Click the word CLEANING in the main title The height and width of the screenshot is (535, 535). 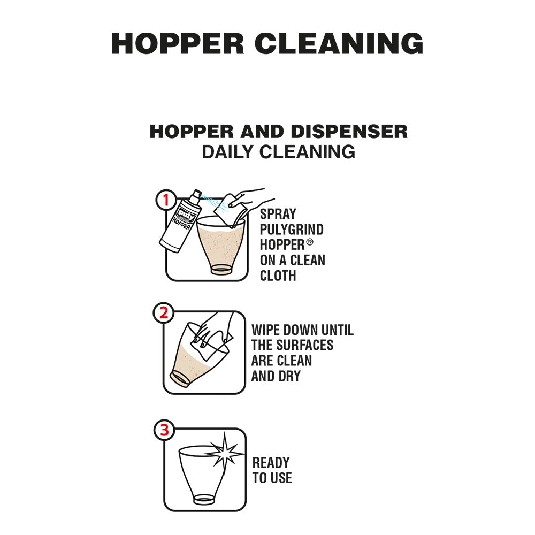tap(339, 43)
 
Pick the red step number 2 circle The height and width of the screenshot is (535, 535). tap(164, 314)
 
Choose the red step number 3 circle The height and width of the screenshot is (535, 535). tap(164, 430)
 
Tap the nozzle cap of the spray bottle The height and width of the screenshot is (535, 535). tap(196, 194)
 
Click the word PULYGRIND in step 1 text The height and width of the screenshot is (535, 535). tap(292, 230)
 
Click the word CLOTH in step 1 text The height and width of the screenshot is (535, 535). tap(278, 276)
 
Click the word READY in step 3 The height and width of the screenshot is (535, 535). tap(271, 463)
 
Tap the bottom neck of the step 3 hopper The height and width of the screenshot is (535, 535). tap(204, 500)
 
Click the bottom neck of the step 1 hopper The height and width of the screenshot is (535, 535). tap(221, 269)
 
